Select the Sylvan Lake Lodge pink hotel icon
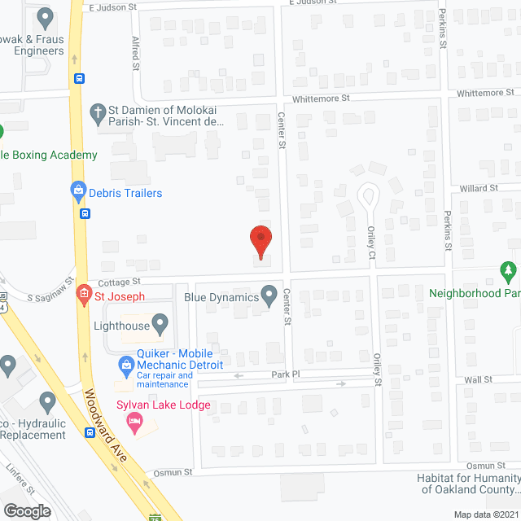pyautogui.click(x=135, y=421)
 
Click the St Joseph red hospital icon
pyautogui.click(x=83, y=294)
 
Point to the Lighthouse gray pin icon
pyautogui.click(x=160, y=326)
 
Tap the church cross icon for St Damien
pyautogui.click(x=98, y=114)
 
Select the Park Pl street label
pyautogui.click(x=286, y=374)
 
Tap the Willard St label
pyautogui.click(x=479, y=188)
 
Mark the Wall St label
pyautogui.click(x=478, y=379)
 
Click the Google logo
pyautogui.click(x=27, y=510)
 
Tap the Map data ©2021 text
pyautogui.click(x=484, y=514)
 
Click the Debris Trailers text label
pyautogui.click(x=126, y=193)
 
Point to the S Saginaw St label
pyautogui.click(x=50, y=298)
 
